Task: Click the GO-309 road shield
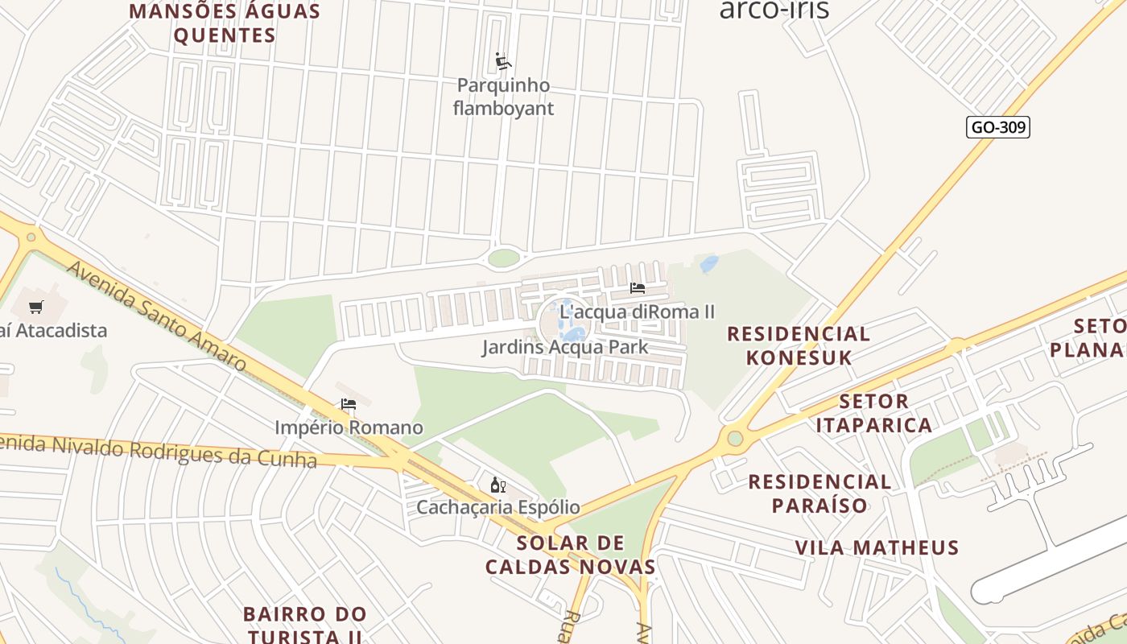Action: (998, 126)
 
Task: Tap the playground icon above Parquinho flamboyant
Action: (504, 61)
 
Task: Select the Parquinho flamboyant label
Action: (504, 97)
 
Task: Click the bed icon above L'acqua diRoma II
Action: (638, 287)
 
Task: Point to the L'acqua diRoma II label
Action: (637, 312)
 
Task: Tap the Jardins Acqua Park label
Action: (565, 348)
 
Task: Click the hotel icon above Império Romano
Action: (349, 404)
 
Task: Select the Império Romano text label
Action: (349, 427)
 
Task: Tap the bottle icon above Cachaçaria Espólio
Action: (498, 485)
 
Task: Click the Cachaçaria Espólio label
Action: (497, 507)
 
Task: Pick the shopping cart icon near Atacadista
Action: (36, 307)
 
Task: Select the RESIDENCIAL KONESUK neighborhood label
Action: (799, 345)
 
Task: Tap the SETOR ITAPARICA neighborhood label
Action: (873, 413)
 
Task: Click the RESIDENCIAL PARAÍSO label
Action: (819, 493)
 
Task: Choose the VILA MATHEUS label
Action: (877, 548)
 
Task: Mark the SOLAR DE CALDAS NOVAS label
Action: (571, 554)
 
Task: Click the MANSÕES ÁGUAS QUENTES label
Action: (225, 23)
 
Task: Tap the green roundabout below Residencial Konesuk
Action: (734, 439)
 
